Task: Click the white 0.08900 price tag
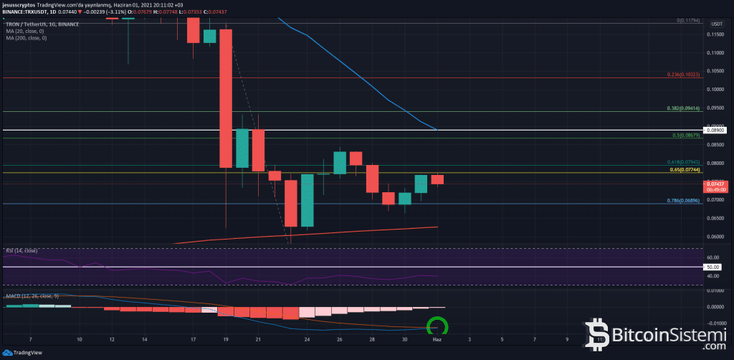pyautogui.click(x=716, y=131)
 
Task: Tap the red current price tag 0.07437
pyautogui.click(x=716, y=184)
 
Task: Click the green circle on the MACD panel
pyautogui.click(x=437, y=328)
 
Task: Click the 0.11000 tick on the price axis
pyautogui.click(x=715, y=52)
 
